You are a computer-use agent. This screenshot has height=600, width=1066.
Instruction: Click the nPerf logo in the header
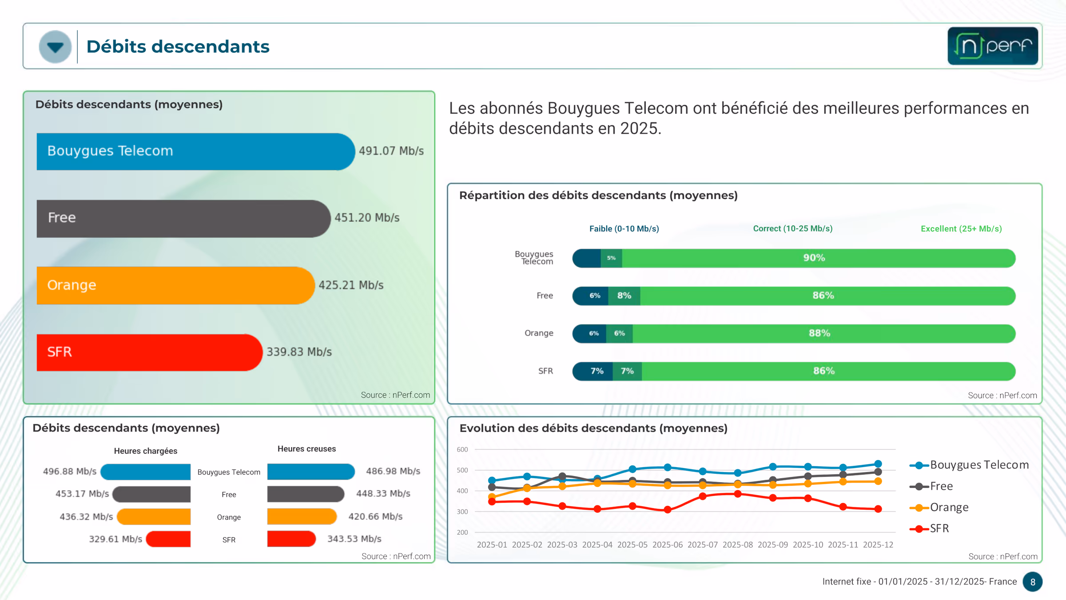point(992,46)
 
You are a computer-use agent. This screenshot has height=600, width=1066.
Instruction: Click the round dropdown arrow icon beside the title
point(55,47)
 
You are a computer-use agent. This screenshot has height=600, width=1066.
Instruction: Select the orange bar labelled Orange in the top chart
point(175,285)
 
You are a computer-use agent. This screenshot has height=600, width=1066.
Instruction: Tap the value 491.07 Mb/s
point(391,151)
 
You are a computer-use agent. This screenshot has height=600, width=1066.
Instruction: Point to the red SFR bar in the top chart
point(149,352)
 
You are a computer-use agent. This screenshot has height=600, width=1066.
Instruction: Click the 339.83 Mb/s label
point(299,352)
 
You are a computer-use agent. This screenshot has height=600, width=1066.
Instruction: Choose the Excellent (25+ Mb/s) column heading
point(961,229)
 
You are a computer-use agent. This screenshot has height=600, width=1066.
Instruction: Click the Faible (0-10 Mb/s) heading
point(624,229)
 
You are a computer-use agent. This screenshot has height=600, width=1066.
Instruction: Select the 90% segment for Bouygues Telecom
point(814,258)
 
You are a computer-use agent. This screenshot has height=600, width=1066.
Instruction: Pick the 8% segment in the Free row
point(624,296)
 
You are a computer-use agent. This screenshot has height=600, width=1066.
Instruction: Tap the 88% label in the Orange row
point(819,333)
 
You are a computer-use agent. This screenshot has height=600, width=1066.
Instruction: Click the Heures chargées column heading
point(146,451)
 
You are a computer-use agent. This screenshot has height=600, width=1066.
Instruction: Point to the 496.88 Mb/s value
point(70,472)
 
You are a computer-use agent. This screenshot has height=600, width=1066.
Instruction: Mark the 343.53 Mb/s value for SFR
point(354,539)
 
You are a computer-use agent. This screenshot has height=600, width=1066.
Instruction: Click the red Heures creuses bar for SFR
point(291,539)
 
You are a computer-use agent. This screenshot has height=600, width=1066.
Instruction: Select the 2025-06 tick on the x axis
point(667,545)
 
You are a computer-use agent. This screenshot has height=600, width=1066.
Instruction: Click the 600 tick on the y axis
point(462,450)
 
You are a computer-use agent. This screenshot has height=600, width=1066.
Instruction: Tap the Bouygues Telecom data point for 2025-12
point(878,464)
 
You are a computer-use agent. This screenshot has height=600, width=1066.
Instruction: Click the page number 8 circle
point(1033,582)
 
